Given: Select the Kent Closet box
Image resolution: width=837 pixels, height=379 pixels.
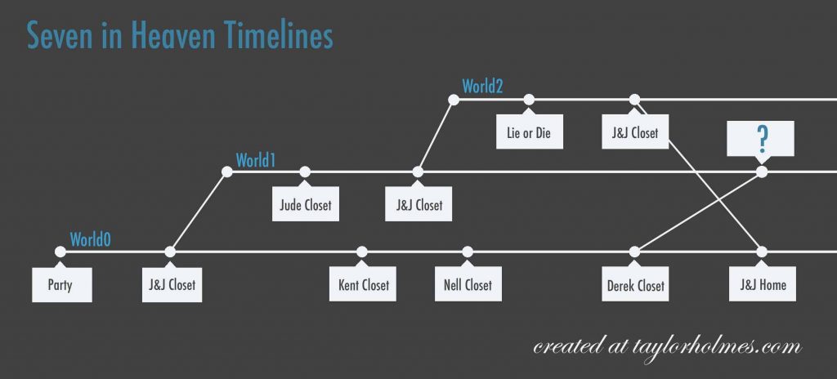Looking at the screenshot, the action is point(362,284).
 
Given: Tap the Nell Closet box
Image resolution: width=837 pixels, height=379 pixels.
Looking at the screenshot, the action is point(468,284).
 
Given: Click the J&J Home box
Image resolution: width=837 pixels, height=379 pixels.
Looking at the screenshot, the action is point(763,284).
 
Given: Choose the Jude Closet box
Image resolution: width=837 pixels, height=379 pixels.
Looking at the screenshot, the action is point(306,204).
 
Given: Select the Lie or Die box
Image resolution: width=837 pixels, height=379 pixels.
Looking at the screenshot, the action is point(529,132).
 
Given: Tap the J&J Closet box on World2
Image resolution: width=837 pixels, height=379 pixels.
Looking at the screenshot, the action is point(634,132).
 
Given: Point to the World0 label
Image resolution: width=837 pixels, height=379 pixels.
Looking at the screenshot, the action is point(90,240).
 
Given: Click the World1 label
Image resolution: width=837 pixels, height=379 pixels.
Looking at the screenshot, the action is point(256,160).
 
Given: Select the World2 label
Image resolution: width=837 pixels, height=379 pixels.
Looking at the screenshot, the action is point(482,86).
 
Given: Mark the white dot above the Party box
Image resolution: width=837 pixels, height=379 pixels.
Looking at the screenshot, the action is point(60,252).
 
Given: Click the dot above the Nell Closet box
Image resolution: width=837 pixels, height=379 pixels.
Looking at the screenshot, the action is point(468,252).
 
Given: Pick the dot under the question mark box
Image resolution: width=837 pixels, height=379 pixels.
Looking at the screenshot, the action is point(762,172).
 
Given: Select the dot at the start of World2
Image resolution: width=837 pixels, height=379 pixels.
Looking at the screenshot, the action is point(454,100).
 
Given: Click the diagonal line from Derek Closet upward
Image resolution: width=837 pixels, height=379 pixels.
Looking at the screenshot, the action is point(698,212).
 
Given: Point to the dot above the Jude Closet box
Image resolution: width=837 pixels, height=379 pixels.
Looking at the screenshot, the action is point(305,172).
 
